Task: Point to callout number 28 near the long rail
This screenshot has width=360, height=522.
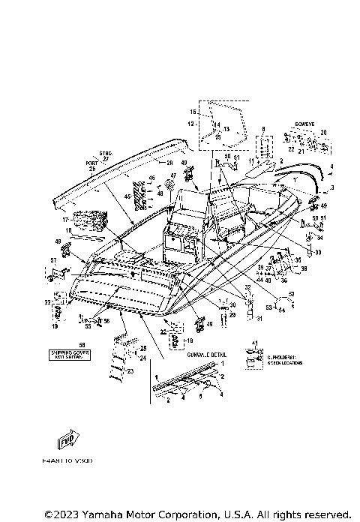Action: (169, 162)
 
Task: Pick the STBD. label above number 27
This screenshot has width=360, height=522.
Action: (104, 153)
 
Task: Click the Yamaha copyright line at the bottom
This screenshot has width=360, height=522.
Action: (197, 514)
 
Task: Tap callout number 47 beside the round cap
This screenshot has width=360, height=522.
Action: (172, 175)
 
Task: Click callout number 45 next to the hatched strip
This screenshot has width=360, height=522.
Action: (127, 196)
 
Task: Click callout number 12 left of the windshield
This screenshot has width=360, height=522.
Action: (190, 123)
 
